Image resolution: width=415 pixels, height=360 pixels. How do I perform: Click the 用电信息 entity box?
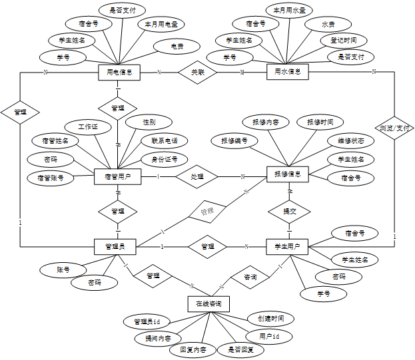point(119,72)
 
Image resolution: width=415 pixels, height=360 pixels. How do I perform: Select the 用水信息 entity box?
point(287,71)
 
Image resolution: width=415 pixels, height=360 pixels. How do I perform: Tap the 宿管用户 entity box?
point(117,176)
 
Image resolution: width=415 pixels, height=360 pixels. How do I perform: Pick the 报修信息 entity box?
point(288,176)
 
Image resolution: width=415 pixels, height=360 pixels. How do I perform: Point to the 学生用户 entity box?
point(288,247)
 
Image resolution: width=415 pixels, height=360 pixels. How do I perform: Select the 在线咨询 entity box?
point(208,303)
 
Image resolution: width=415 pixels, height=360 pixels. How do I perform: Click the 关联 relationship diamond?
point(199,72)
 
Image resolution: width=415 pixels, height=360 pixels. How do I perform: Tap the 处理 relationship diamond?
point(197,176)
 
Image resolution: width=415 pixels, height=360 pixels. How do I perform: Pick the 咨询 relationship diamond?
point(250,276)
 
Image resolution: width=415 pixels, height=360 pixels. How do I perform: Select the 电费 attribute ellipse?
point(177,47)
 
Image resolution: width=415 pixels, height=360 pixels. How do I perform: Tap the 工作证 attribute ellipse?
point(88,126)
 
